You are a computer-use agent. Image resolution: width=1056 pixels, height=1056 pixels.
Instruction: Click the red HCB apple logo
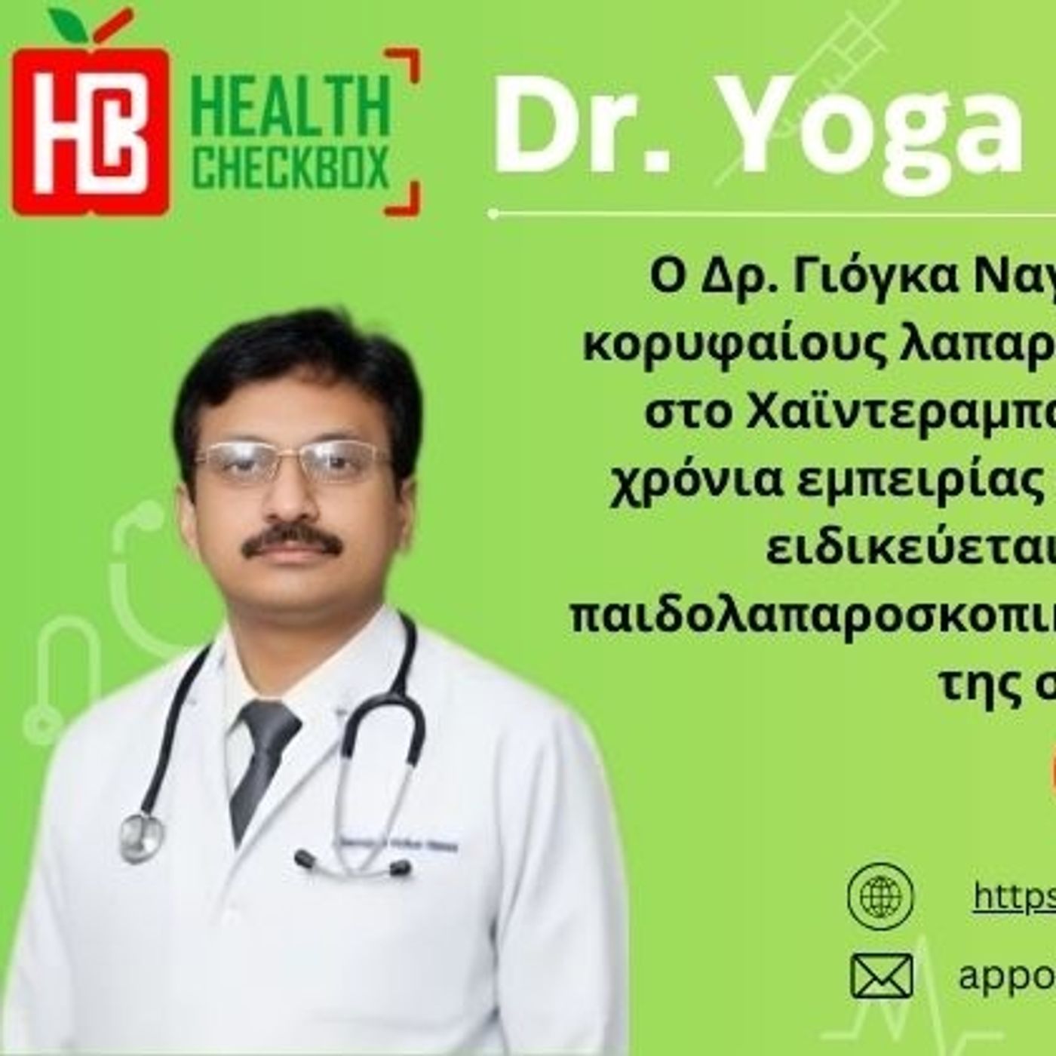(x=91, y=128)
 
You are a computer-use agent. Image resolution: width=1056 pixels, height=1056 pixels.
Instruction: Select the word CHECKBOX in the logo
(x=290, y=168)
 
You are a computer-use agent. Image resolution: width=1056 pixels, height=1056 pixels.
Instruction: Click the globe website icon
(x=880, y=895)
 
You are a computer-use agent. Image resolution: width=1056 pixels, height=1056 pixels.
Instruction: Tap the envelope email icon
(x=881, y=975)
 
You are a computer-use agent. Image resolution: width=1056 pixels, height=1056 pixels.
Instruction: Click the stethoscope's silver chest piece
(x=142, y=836)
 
